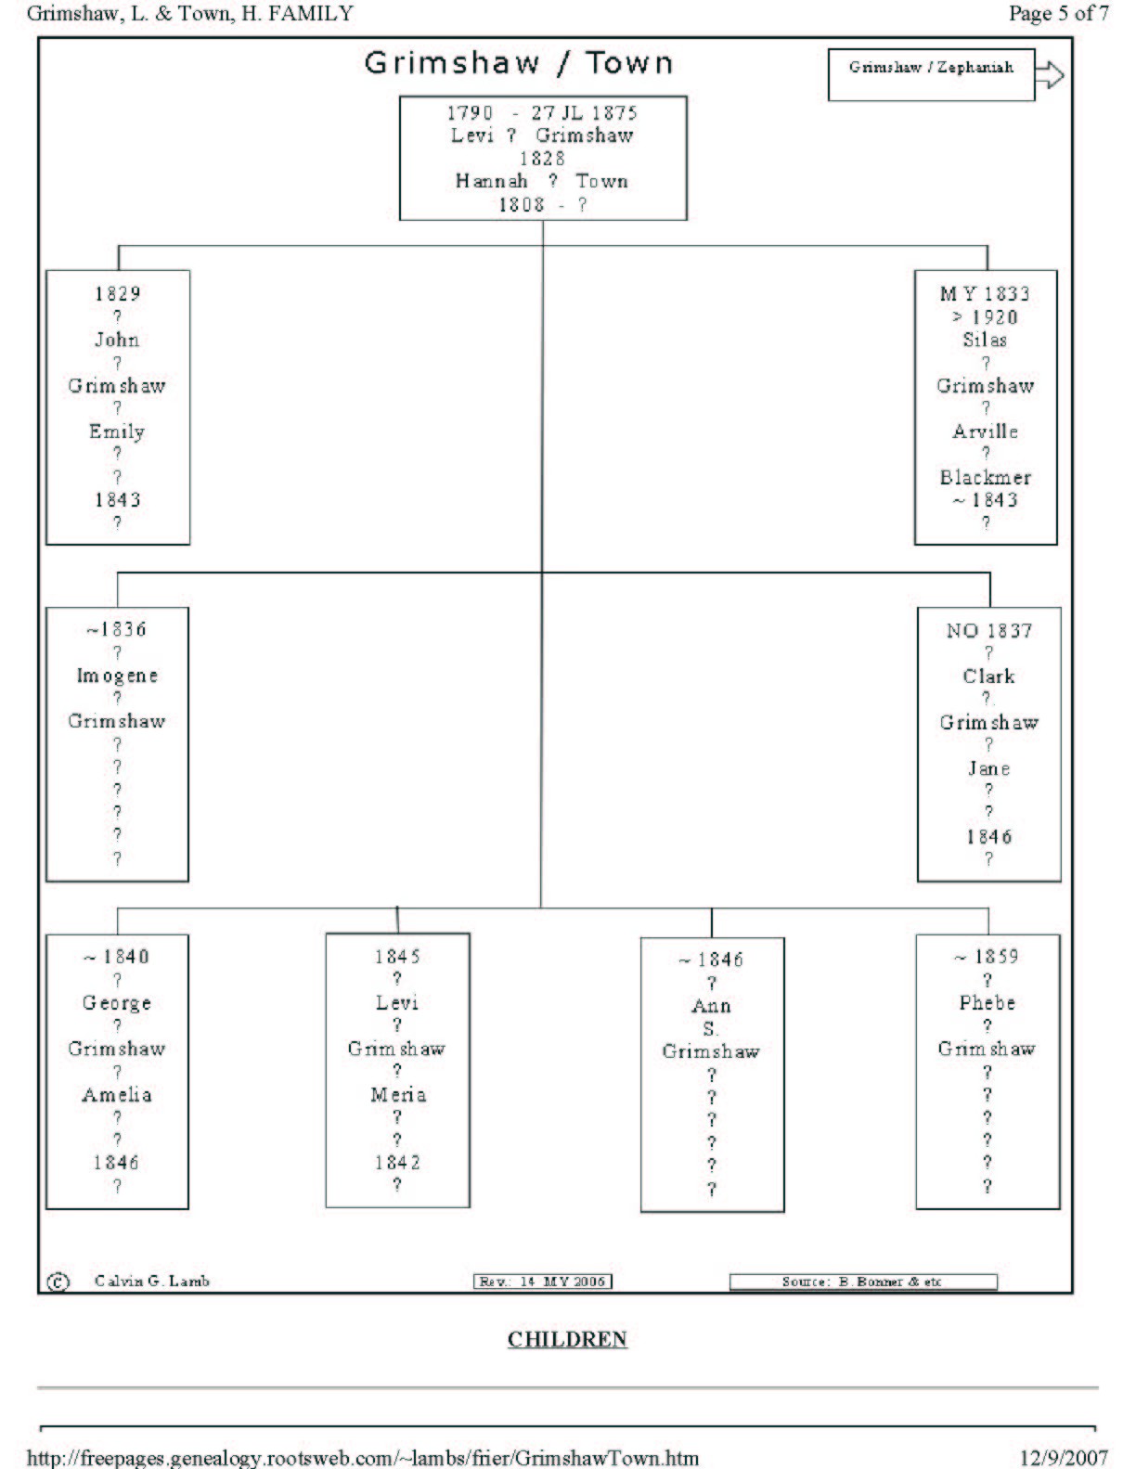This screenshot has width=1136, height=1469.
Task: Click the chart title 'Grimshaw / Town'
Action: [x=518, y=63]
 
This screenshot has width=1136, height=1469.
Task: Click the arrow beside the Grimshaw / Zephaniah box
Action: [x=1050, y=74]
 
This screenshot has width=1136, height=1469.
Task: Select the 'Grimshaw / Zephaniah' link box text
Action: [x=930, y=68]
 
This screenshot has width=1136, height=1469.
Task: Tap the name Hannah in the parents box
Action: [x=491, y=181]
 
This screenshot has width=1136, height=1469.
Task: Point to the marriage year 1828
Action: [x=542, y=159]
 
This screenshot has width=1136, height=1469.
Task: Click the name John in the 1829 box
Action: [x=117, y=340]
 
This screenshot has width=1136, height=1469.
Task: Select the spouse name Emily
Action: [x=117, y=432]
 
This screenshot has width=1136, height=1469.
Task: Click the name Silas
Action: [x=985, y=340]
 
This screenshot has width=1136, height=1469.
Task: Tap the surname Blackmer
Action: [x=985, y=478]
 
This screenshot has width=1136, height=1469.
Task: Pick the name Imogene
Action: [x=117, y=676]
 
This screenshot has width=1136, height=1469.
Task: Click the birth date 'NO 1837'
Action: [x=988, y=631]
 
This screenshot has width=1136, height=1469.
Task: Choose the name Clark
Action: [x=988, y=677]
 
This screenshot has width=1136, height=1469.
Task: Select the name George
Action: [x=117, y=1003]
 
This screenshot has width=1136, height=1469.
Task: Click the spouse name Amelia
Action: [x=117, y=1095]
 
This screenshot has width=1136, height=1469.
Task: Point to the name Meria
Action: [x=398, y=1095]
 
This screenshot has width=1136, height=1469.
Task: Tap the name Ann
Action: [x=711, y=1006]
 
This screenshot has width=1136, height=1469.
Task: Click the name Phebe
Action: [x=987, y=1003]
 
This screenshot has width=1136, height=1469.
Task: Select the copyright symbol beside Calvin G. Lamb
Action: [x=58, y=1282]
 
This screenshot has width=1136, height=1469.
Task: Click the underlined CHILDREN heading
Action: [x=567, y=1339]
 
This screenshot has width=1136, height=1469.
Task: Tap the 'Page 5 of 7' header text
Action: [x=1058, y=13]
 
